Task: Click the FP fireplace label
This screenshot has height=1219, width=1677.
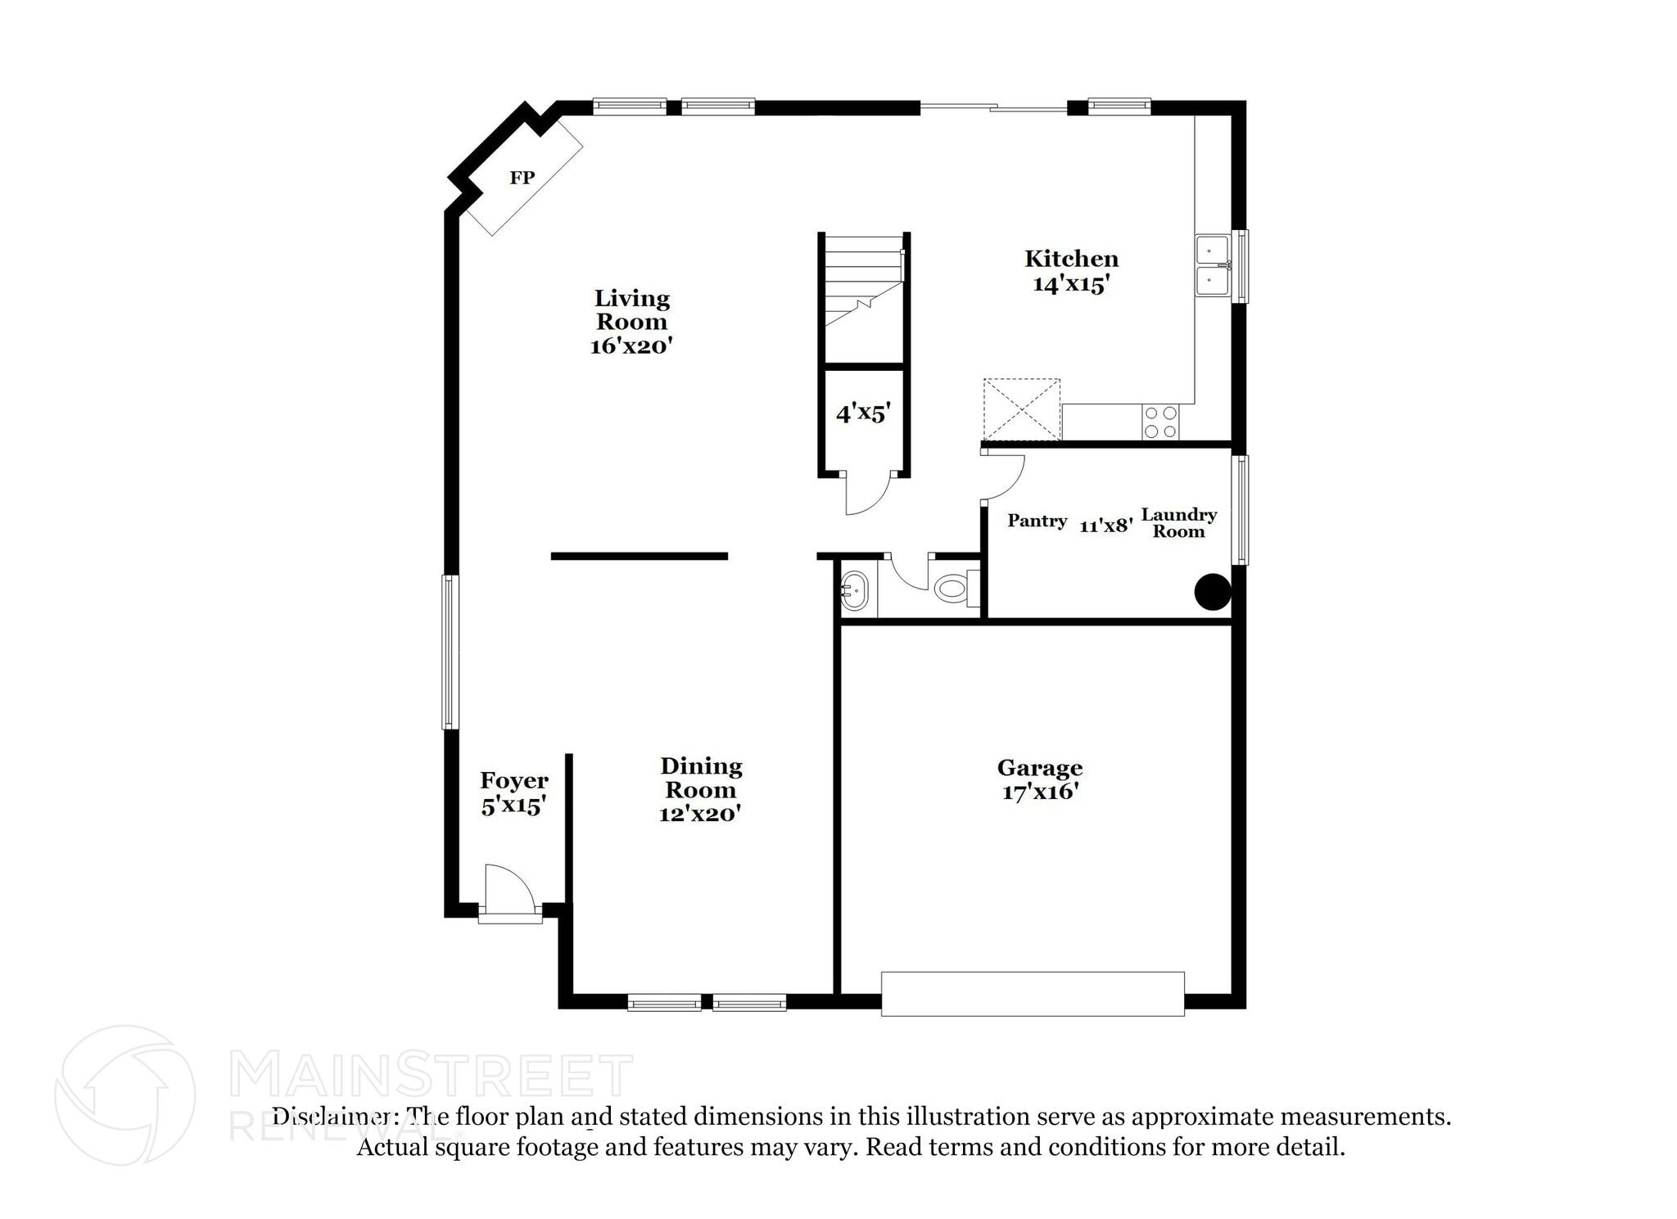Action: coord(522,178)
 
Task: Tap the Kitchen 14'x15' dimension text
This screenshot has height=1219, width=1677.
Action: coord(1071,284)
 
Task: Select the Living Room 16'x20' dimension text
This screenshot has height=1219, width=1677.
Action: coord(631,345)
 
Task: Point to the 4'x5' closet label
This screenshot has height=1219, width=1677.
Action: coord(863,413)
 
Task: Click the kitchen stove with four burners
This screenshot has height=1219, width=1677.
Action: coord(1161,422)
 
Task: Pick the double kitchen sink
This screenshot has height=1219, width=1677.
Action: coord(1213,265)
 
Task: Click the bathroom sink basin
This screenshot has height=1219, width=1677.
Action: coord(854,590)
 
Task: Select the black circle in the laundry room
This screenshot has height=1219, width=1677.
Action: coord(1213,592)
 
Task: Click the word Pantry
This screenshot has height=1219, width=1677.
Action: coord(1037,521)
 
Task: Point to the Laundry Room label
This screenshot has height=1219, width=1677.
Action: coord(1179,522)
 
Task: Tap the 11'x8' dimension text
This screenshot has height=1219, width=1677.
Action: coord(1106,526)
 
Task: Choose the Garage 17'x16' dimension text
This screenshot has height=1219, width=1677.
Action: coord(1040,792)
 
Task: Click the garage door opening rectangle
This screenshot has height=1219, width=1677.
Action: coord(1033,994)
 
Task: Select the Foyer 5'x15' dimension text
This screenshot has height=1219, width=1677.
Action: coord(513,806)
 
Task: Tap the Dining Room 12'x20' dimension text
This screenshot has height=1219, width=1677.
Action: coord(700,814)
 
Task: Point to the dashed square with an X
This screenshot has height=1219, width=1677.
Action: coord(1022,409)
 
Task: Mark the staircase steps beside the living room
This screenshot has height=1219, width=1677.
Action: coord(864,281)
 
